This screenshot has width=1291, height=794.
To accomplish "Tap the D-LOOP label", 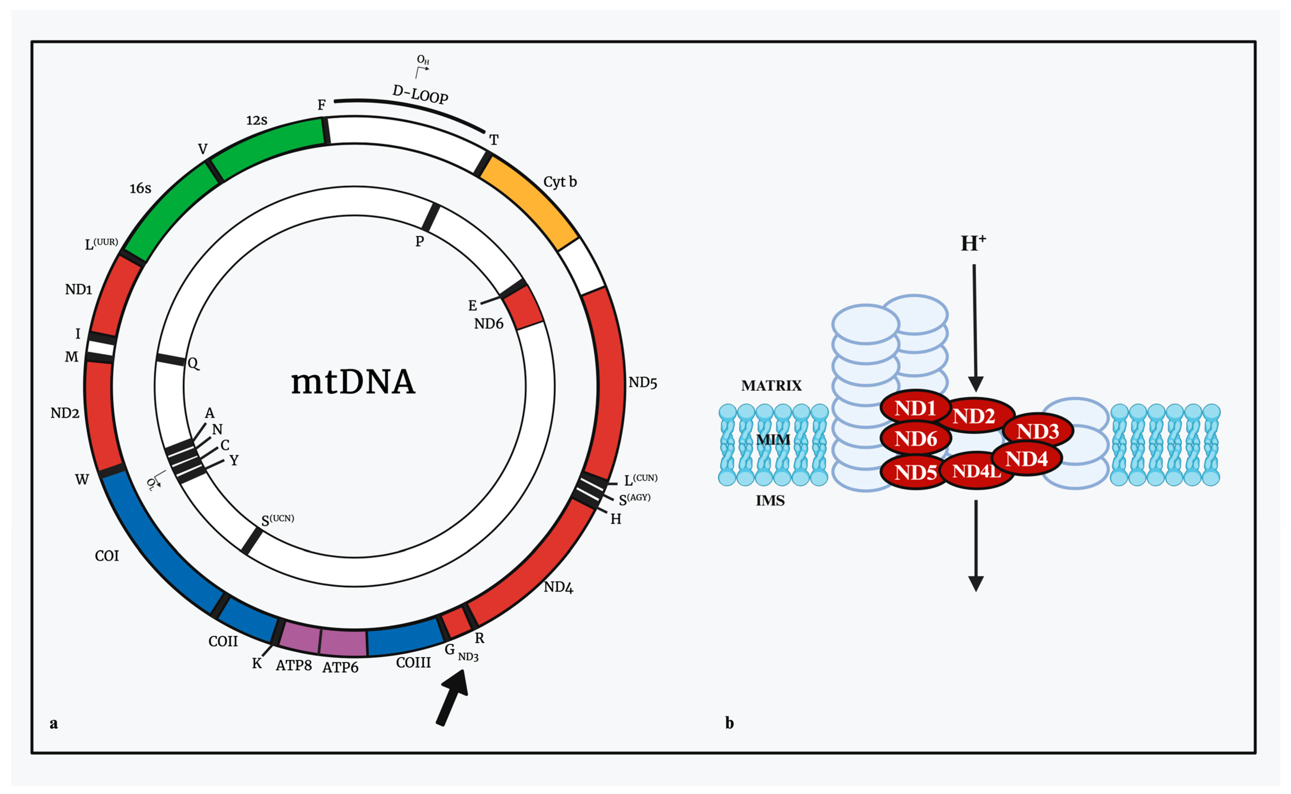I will click(420, 95).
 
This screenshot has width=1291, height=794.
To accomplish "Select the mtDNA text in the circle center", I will click(353, 382).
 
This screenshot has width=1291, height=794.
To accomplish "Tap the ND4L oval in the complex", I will click(976, 471).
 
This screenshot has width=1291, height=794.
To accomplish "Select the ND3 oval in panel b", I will click(1038, 431).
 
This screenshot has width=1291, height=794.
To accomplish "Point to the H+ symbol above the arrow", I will click(973, 243).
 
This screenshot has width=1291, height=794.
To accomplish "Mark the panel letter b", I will click(729, 723).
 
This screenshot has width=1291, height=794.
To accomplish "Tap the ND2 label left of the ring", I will click(65, 413).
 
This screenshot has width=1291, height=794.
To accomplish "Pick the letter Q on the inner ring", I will click(193, 364).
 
